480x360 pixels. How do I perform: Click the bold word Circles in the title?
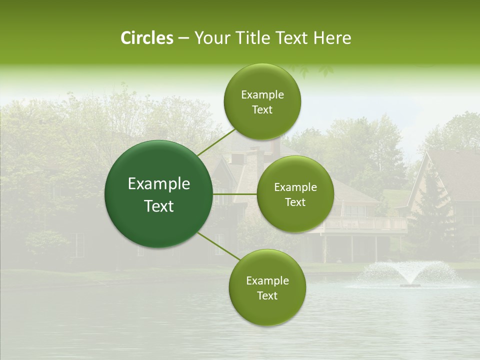(147, 38)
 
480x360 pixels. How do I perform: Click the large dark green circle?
(158, 194)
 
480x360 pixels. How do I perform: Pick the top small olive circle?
(262, 102)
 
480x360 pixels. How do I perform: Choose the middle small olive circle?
(295, 194)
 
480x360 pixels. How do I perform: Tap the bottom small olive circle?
(267, 287)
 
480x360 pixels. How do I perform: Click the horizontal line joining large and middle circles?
(235, 194)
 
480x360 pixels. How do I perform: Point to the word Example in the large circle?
(158, 184)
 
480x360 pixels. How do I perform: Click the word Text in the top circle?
(262, 110)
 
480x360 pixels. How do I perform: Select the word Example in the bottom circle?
(267, 280)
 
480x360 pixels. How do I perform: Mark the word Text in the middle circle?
(295, 202)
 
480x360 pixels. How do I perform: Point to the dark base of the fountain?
(410, 285)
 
